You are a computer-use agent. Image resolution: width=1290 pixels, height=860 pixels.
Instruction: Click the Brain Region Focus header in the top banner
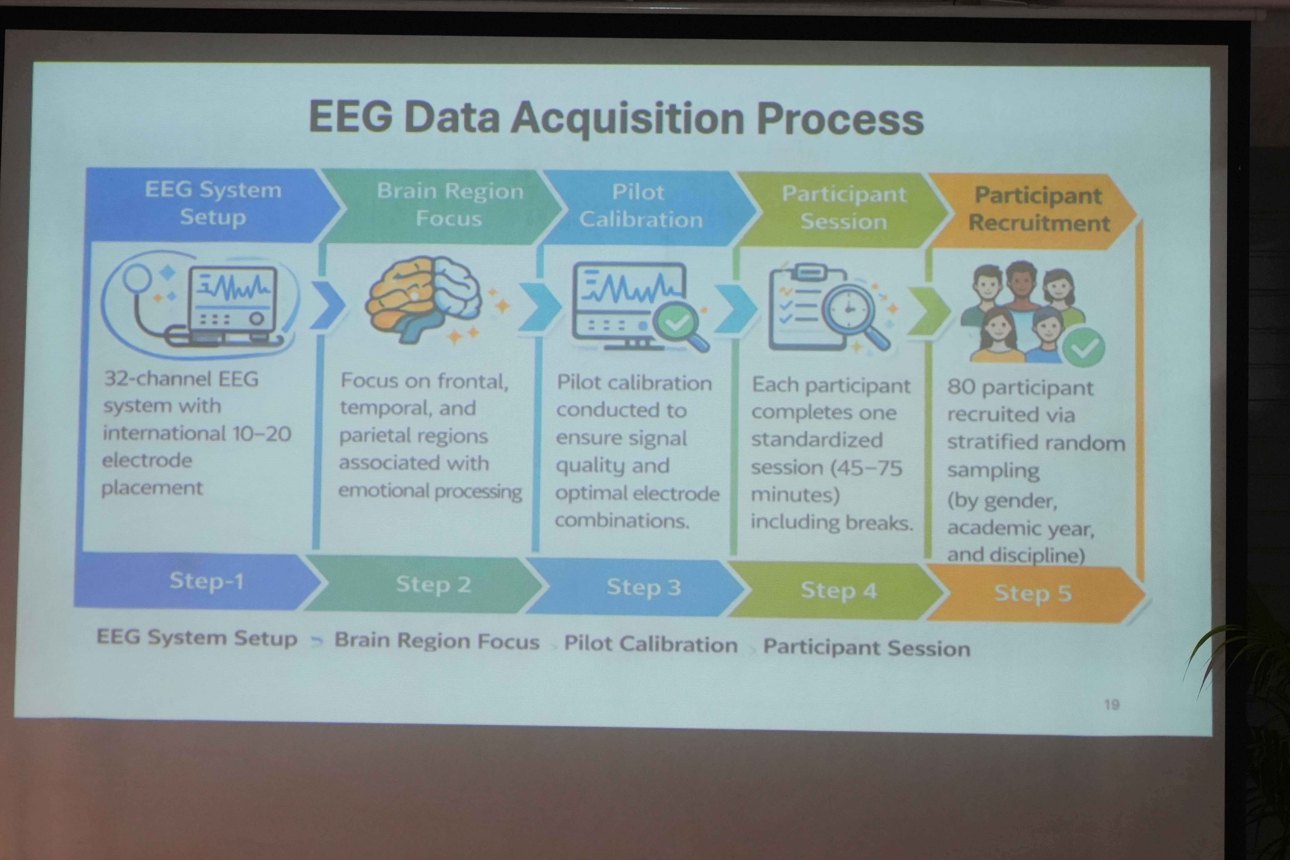pyautogui.click(x=450, y=204)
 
